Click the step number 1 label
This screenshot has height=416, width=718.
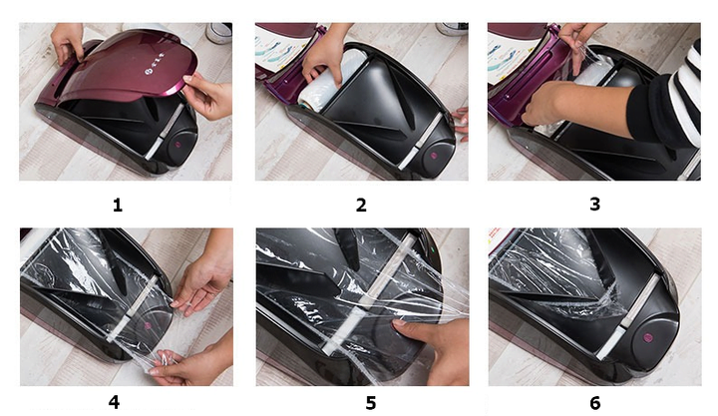[118, 205]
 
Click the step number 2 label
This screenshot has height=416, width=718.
[361, 205]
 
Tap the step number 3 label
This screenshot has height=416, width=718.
[594, 204]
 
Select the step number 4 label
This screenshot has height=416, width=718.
[114, 402]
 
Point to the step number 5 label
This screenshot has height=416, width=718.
[371, 403]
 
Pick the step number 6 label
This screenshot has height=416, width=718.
[594, 403]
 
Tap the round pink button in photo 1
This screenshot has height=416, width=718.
[178, 145]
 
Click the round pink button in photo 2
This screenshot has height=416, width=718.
[433, 156]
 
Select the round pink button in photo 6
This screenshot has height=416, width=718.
[648, 337]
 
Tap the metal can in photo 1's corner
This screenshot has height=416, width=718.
[218, 33]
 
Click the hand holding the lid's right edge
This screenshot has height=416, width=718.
[207, 95]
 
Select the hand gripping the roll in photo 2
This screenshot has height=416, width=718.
[327, 56]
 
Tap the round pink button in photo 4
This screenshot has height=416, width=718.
[148, 326]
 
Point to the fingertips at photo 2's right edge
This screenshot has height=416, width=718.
[461, 123]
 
